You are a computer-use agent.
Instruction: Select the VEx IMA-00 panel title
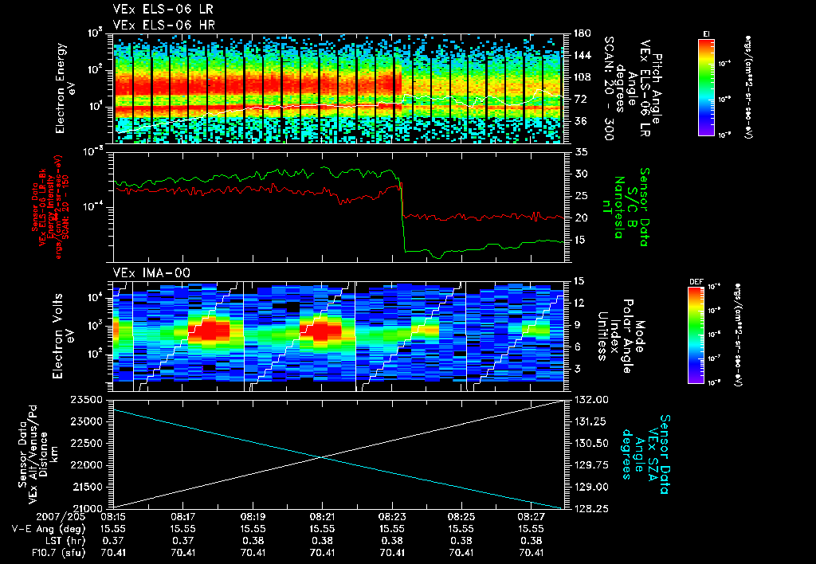click(146, 273)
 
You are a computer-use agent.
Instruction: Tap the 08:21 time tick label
click(321, 517)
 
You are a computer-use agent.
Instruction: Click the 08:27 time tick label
click(531, 517)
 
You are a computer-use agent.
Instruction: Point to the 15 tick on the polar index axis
click(578, 280)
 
